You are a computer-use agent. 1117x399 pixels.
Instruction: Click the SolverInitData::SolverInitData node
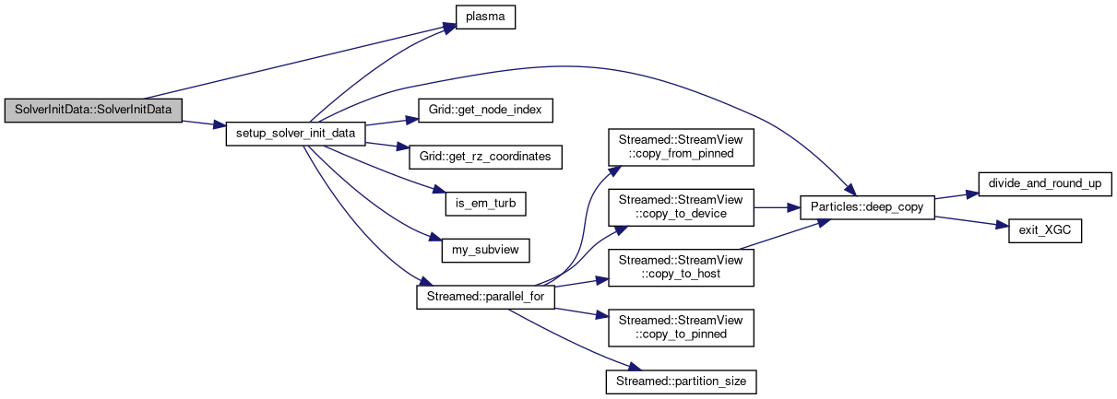coord(92,109)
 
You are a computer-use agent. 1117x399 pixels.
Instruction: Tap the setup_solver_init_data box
coord(296,134)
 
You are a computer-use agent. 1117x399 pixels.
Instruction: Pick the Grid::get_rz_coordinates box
coord(485,156)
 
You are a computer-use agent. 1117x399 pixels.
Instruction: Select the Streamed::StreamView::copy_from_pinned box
coord(680,146)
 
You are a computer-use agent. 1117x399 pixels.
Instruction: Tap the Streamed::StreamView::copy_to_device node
coord(680,206)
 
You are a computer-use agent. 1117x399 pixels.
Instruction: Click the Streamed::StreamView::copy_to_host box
coord(680,267)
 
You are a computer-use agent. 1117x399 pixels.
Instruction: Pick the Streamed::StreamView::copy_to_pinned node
coord(680,328)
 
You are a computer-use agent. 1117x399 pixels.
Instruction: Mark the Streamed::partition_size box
coord(680,379)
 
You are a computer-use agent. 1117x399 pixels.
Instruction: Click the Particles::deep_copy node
coord(868,207)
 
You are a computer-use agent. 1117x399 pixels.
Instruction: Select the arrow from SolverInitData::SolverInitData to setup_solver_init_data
coord(204,124)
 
